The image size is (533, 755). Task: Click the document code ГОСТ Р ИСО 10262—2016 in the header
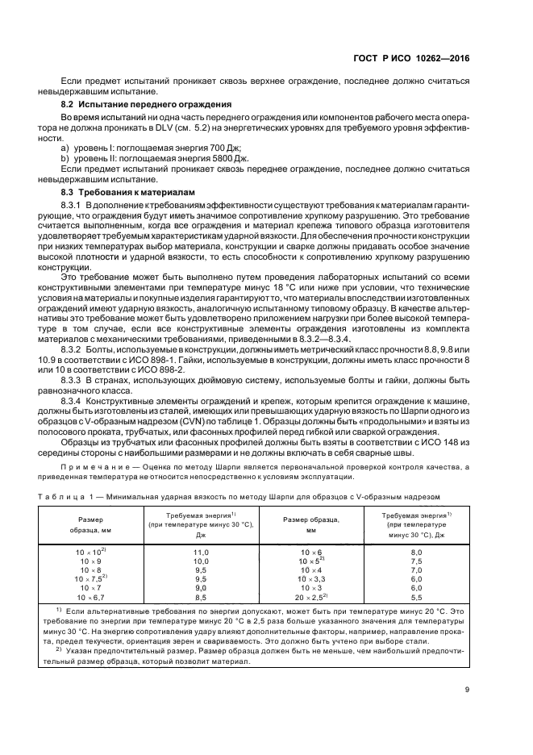(x=411, y=57)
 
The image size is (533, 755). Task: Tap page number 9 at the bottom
(x=466, y=688)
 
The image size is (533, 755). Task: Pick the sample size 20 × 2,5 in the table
(x=310, y=597)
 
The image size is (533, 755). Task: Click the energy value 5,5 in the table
(x=417, y=597)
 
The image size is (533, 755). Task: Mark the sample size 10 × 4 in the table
(x=310, y=569)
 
